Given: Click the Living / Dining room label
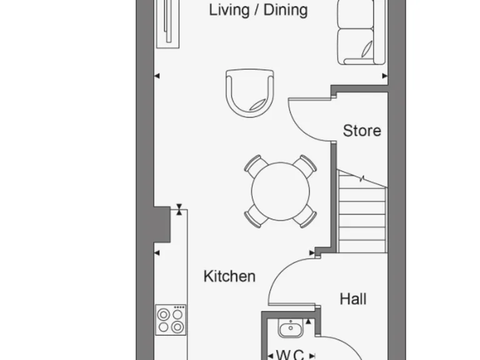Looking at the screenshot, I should click(258, 10).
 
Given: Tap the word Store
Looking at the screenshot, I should click(362, 131).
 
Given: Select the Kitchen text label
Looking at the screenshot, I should click(229, 276).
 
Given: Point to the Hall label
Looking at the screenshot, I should click(353, 299).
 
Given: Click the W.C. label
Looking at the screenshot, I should click(290, 354).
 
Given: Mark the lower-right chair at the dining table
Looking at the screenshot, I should click(305, 216).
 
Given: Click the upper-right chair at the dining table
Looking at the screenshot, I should click(305, 166).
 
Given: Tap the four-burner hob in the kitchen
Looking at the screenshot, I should click(171, 320).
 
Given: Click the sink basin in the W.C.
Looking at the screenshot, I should click(289, 327).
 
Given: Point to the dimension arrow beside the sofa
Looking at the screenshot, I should click(384, 76).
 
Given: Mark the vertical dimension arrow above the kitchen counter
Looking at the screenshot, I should click(179, 209).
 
